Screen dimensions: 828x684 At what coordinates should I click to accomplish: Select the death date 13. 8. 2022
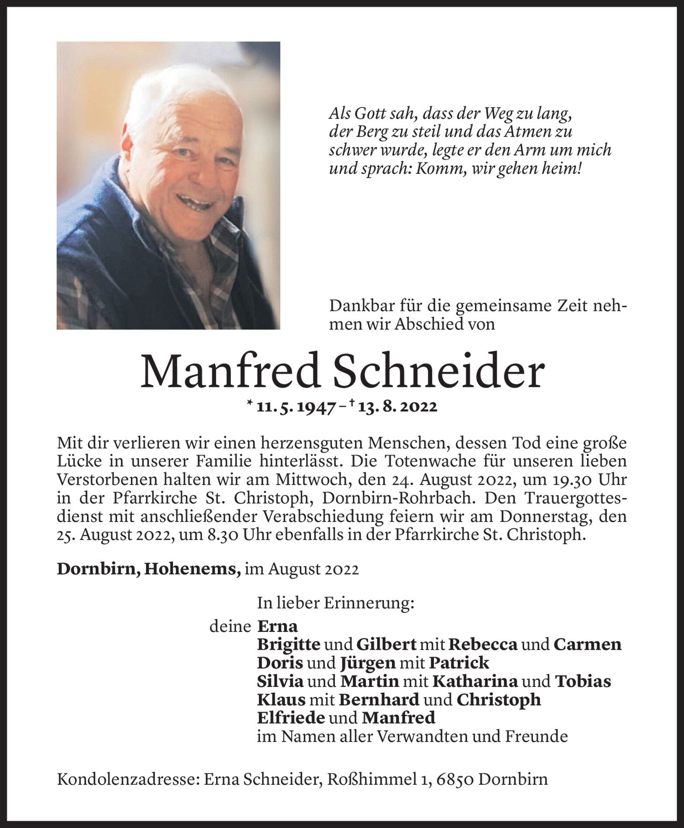coord(397,407)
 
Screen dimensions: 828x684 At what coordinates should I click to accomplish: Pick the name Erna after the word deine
coord(278,627)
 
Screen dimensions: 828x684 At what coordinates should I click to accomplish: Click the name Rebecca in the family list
coord(483,645)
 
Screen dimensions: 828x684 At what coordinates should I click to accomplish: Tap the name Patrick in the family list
coord(459,663)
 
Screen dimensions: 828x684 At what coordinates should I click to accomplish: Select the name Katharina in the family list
coord(475,681)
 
